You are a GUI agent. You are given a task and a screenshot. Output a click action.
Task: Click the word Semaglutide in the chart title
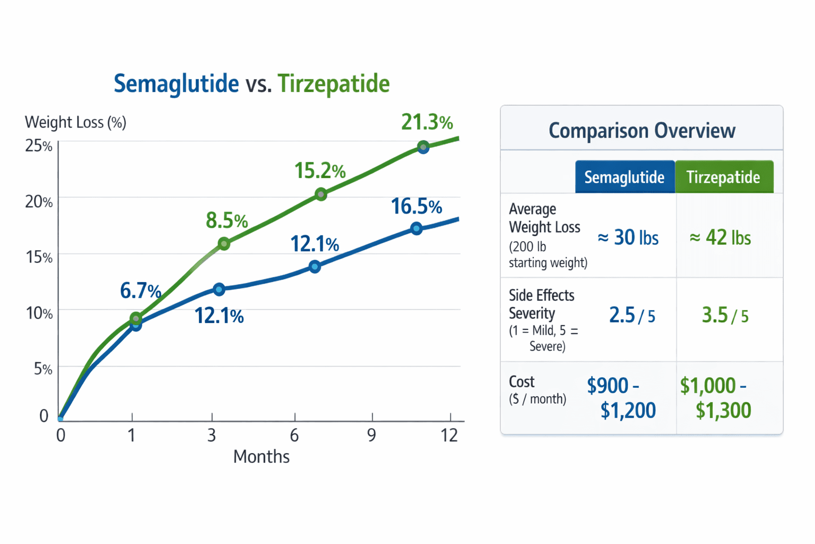click(x=176, y=84)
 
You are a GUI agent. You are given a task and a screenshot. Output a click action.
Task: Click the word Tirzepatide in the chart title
click(x=333, y=84)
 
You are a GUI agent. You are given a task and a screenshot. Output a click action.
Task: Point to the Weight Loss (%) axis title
click(x=75, y=123)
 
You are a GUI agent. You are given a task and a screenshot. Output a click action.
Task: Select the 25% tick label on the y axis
click(x=39, y=146)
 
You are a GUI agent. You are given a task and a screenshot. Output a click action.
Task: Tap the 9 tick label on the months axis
click(x=371, y=436)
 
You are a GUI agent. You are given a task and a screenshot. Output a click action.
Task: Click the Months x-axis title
click(x=261, y=457)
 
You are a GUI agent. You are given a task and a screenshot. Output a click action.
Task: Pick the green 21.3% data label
click(x=427, y=122)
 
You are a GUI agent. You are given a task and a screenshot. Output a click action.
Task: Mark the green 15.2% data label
click(x=319, y=171)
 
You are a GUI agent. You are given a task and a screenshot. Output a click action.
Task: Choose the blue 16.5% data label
click(x=416, y=207)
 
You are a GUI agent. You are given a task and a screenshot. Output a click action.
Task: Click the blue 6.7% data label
click(x=140, y=291)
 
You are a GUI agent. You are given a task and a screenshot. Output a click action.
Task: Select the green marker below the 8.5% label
click(x=224, y=244)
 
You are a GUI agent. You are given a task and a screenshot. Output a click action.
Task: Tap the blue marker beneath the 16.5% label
click(x=417, y=228)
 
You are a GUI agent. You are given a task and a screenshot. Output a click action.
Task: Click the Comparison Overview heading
click(x=641, y=131)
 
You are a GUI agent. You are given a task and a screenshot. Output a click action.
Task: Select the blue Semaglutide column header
click(x=624, y=177)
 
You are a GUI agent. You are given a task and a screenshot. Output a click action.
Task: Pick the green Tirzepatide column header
click(x=723, y=177)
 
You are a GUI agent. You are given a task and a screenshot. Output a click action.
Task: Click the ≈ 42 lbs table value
click(x=720, y=237)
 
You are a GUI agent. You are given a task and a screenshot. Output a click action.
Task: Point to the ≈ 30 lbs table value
click(x=628, y=237)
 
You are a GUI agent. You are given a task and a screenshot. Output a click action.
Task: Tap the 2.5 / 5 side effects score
click(x=631, y=316)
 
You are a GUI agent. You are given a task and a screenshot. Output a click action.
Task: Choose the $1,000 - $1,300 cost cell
click(x=716, y=397)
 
